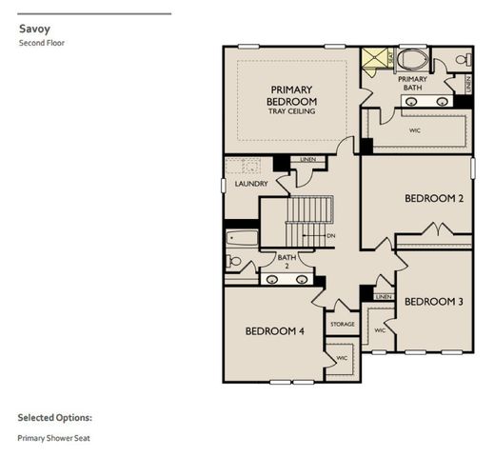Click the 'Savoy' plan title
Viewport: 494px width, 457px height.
pos(33,29)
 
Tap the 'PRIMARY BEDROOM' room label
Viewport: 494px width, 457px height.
pos(291,94)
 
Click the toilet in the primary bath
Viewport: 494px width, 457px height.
pos(461,60)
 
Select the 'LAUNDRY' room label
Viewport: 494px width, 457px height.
pos(250,184)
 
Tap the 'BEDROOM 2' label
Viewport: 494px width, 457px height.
pos(433,198)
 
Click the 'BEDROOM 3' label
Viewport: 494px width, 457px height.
pos(433,302)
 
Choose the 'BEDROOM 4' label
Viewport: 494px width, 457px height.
pos(274,331)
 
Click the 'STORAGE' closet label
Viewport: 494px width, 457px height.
pos(343,324)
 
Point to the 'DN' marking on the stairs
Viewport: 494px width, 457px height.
pos(330,235)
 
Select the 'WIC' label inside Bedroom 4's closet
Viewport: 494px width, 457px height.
pos(342,358)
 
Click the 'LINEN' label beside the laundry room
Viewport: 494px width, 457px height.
pos(307,159)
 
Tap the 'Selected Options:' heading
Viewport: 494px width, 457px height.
pos(54,417)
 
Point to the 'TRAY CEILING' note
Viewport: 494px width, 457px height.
pos(291,111)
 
